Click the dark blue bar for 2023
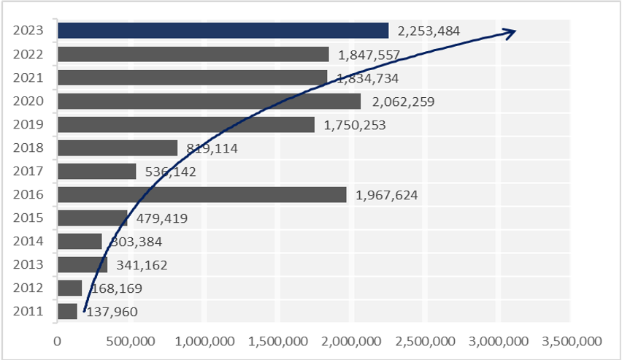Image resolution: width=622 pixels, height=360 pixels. [223, 30]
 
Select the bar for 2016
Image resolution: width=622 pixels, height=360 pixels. [201, 194]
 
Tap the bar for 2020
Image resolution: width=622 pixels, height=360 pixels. [209, 101]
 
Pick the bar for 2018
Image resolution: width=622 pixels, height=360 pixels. [117, 148]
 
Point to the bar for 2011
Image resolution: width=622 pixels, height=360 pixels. [67, 311]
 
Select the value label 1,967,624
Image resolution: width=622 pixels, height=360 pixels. [387, 195]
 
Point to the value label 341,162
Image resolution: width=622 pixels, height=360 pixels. [141, 265]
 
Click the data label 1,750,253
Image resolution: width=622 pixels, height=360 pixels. [355, 125]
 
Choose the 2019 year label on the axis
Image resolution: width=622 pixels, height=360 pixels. [29, 124]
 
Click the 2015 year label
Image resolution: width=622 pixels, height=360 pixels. [29, 218]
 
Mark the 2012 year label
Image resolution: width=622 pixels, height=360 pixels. [29, 288]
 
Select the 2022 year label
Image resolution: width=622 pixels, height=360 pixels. [29, 54]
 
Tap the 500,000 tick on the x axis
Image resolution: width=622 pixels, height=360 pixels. [129, 341]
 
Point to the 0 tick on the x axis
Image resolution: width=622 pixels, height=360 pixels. [57, 341]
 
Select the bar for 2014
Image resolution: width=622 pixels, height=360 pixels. [80, 241]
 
